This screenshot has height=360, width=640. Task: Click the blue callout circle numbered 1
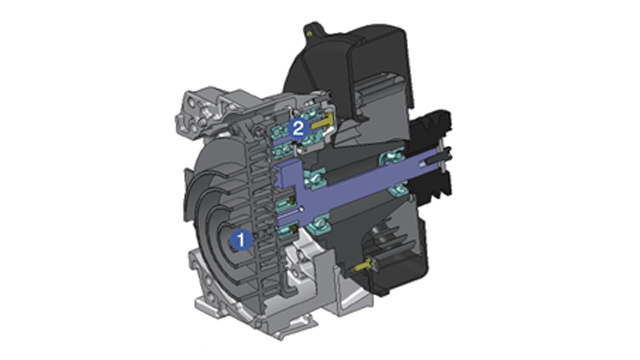(241, 240)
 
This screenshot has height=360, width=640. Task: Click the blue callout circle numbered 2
(298, 129)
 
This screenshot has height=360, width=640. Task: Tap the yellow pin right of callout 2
(322, 123)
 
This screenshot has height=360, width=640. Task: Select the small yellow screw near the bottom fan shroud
(363, 265)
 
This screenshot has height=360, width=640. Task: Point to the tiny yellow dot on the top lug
(309, 34)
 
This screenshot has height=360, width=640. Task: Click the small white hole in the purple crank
(301, 209)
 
